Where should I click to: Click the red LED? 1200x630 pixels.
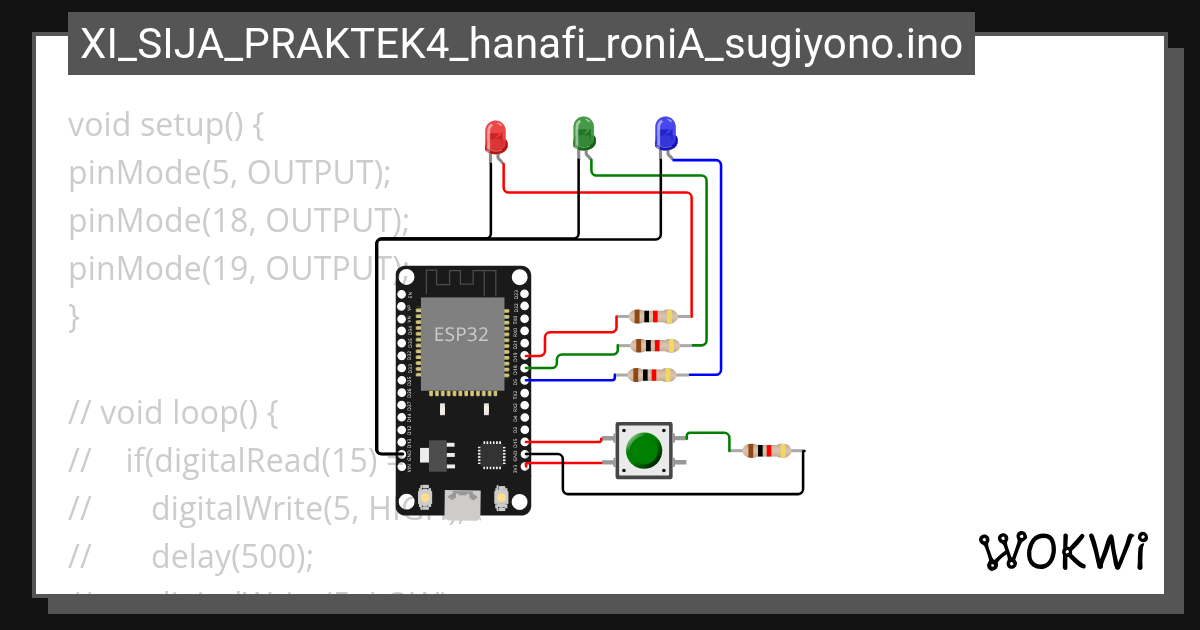[x=495, y=137]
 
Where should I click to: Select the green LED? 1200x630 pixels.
[x=583, y=133]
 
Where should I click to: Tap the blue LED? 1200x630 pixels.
[x=664, y=133]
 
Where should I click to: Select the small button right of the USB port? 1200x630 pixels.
[x=501, y=497]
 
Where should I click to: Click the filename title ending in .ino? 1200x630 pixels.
[x=521, y=44]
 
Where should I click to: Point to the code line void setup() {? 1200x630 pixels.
[x=166, y=126]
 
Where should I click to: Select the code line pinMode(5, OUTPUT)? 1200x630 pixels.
[x=229, y=173]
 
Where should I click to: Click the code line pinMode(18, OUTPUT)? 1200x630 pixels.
[x=239, y=221]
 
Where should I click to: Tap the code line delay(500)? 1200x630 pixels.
[x=232, y=556]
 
